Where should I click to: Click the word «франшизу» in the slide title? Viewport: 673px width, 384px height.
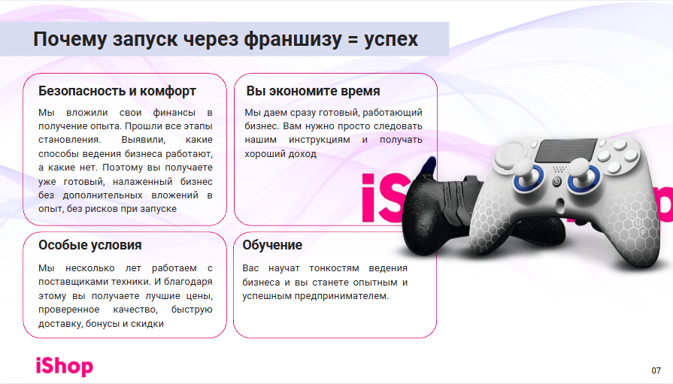pyautogui.click(x=293, y=39)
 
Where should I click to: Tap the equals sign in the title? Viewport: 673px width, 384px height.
pyautogui.click(x=353, y=40)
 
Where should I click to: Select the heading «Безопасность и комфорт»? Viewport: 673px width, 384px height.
pyautogui.click(x=117, y=91)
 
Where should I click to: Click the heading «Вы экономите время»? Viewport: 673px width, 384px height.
pyautogui.click(x=313, y=91)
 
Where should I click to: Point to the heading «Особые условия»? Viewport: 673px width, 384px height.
pyautogui.click(x=90, y=245)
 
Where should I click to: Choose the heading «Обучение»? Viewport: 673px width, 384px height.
pyautogui.click(x=272, y=245)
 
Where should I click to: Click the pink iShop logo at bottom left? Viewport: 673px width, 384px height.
pyautogui.click(x=65, y=367)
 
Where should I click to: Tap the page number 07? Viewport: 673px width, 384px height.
pyautogui.click(x=656, y=370)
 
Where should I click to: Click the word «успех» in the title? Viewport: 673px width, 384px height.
pyautogui.click(x=391, y=40)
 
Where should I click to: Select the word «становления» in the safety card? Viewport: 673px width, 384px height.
pyautogui.click(x=69, y=140)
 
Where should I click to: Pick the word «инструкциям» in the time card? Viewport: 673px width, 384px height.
pyautogui.click(x=320, y=140)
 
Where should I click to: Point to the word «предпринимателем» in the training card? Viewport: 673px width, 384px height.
pyautogui.click(x=341, y=296)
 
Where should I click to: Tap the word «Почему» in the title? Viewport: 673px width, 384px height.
pyautogui.click(x=69, y=40)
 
